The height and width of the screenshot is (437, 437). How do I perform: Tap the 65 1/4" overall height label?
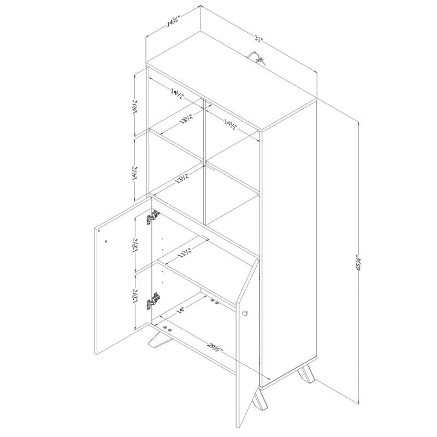click(x=359, y=262)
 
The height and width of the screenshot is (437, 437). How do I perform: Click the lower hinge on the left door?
click(x=153, y=300)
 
